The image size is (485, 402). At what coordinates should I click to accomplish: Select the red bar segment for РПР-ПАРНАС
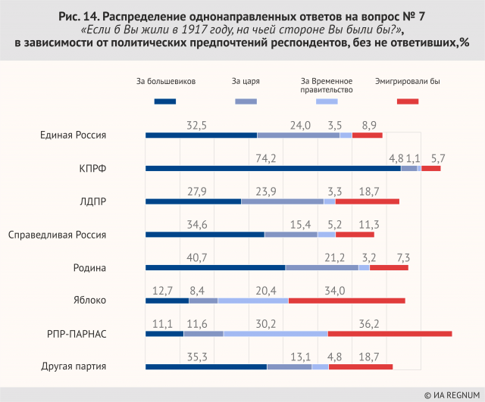click(390, 333)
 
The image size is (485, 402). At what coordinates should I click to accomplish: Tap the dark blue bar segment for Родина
click(214, 267)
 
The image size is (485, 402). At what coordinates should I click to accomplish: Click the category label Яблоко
click(89, 301)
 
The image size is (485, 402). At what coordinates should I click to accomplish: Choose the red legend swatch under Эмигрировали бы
click(407, 101)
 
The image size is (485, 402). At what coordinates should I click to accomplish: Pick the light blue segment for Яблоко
click(252, 301)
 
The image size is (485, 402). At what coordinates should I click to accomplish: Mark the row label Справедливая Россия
click(56, 235)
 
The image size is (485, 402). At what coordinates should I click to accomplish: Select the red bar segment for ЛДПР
click(367, 201)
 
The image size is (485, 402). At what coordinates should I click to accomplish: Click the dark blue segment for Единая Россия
click(201, 136)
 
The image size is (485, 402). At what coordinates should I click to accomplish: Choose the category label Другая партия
click(74, 367)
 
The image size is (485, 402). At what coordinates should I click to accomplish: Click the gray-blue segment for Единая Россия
click(299, 136)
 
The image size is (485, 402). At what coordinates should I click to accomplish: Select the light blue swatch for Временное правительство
click(326, 101)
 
